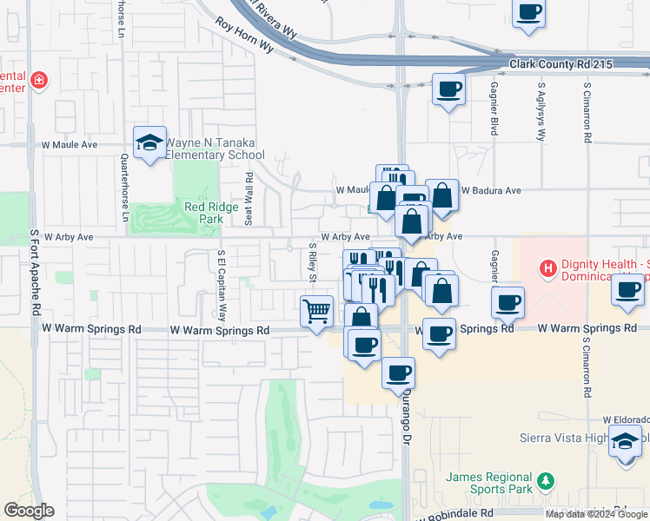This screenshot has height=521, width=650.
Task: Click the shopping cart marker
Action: tap(317, 310)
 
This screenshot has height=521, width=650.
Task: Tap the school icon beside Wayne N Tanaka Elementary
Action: tap(149, 142)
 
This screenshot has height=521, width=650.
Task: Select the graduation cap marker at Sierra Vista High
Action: tap(624, 440)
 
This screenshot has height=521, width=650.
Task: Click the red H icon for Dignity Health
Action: tap(547, 268)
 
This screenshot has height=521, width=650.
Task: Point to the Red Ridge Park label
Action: tap(204, 214)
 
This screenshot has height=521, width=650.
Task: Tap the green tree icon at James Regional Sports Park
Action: tap(545, 480)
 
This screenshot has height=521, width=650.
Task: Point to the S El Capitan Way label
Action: tap(222, 286)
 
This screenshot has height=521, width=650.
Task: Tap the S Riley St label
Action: tap(311, 262)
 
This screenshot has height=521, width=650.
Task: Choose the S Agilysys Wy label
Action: tap(541, 114)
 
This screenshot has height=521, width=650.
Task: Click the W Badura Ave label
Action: tap(490, 190)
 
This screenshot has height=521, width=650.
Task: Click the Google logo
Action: tap(29, 511)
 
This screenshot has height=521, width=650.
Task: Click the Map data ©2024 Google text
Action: tap(597, 514)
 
